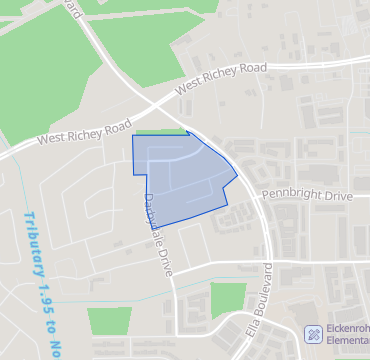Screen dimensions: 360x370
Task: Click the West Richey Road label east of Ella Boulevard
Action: coord(221,78)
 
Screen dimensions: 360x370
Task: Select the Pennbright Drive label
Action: coord(307,194)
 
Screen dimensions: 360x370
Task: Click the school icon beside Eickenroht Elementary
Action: coord(313,333)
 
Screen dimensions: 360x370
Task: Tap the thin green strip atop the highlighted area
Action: coord(160,131)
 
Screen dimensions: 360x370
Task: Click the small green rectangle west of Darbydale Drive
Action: coord(109,322)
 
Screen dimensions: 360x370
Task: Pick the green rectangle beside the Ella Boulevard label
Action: coord(228,299)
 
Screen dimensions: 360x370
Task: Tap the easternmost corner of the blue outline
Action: coord(237,177)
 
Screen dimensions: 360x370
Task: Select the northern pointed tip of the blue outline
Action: coord(188,131)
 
